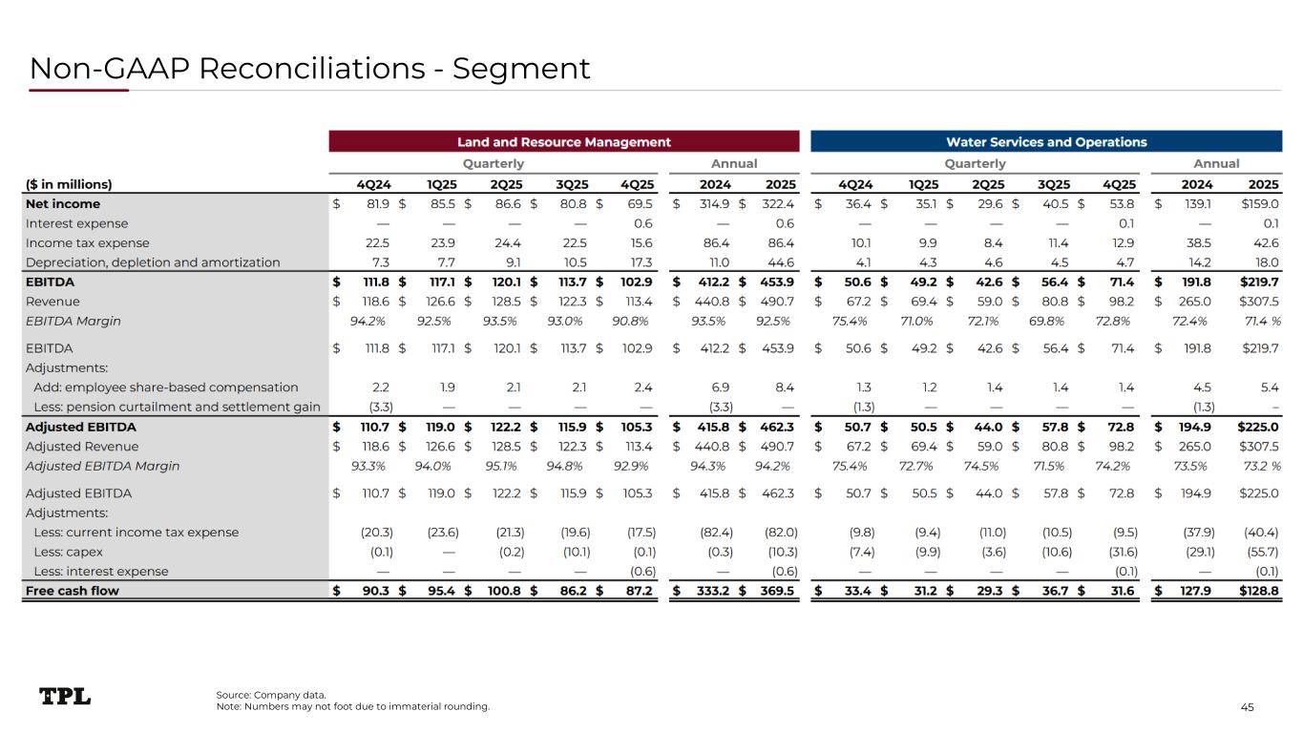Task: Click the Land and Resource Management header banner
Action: pos(563,141)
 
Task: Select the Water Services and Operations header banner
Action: pos(1045,141)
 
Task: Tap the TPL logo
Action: pos(65,697)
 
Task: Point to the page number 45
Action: pos(1247,706)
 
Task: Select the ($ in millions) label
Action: pos(69,183)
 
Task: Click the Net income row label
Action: pos(63,203)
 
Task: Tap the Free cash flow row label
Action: pos(74,590)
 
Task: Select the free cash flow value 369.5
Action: pos(779,590)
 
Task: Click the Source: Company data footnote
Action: pos(271,694)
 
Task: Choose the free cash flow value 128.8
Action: pos(1259,590)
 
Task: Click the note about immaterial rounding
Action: pos(353,706)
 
